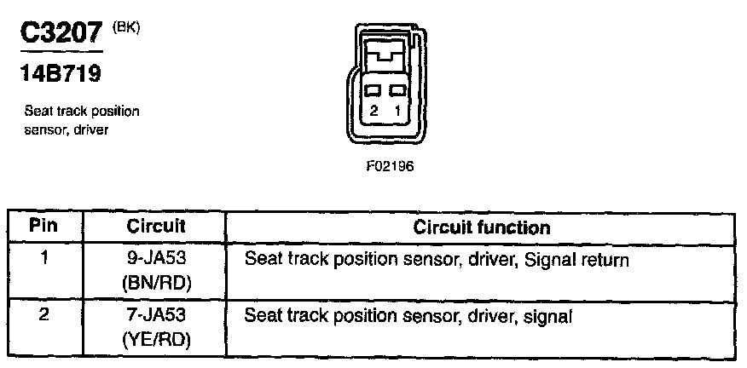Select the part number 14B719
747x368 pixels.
(x=60, y=74)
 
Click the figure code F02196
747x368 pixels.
(x=388, y=166)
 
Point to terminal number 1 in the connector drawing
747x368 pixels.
(x=396, y=111)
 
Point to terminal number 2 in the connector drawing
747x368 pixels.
(x=373, y=111)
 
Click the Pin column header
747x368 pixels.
(x=43, y=227)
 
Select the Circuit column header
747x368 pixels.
(x=156, y=227)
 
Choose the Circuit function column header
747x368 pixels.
(x=481, y=227)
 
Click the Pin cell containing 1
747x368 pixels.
(x=43, y=257)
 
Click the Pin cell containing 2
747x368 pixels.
(x=43, y=314)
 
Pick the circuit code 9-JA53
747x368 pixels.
(x=156, y=258)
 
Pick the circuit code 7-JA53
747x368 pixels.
(x=156, y=315)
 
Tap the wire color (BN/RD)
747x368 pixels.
(x=156, y=280)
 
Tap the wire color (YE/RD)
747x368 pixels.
(x=156, y=338)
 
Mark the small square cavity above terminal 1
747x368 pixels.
(x=396, y=90)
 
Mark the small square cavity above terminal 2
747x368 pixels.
(x=373, y=90)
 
